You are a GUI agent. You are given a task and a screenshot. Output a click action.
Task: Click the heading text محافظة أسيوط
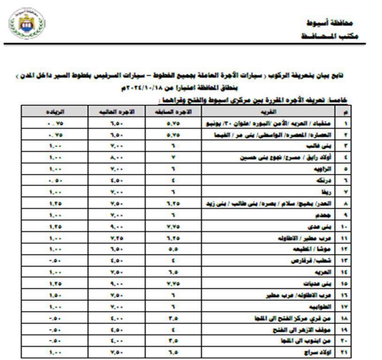point(336,23)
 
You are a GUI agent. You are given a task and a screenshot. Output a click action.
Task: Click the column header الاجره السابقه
point(174,112)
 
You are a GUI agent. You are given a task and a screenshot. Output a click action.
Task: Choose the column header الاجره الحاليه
point(117,112)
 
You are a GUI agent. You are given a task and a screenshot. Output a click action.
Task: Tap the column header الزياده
point(55,112)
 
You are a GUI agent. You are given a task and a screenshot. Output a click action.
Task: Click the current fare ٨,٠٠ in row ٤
point(117,157)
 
